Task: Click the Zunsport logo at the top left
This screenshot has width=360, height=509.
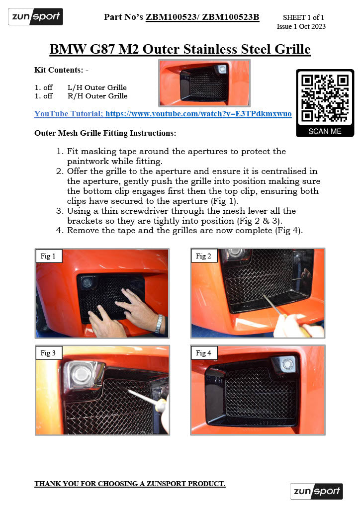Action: pyautogui.click(x=35, y=17)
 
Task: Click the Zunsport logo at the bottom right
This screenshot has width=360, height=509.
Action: pyautogui.click(x=316, y=491)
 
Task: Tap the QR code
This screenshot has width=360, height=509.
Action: pyautogui.click(x=325, y=98)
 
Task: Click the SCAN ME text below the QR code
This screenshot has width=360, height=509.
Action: pyautogui.click(x=325, y=131)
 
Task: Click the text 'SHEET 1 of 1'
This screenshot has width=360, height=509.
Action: pyautogui.click(x=303, y=17)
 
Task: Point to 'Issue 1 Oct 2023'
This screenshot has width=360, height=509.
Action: pyautogui.click(x=301, y=26)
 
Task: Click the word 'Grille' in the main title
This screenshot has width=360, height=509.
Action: pyautogui.click(x=287, y=49)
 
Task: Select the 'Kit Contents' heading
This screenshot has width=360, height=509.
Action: pyautogui.click(x=61, y=70)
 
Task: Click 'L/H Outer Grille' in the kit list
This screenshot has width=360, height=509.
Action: pyautogui.click(x=97, y=87)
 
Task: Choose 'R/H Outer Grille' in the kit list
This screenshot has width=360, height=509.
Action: pyautogui.click(x=97, y=96)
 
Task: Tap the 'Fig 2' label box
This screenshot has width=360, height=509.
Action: pyautogui.click(x=203, y=256)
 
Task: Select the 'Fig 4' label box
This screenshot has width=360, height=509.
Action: pyautogui.click(x=203, y=353)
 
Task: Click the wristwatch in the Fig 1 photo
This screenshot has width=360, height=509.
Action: pyautogui.click(x=159, y=324)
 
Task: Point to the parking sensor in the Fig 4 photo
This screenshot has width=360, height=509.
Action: pyautogui.click(x=286, y=364)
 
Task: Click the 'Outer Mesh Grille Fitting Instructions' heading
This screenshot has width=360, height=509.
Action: pyautogui.click(x=105, y=133)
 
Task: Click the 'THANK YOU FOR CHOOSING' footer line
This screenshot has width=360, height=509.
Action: pyautogui.click(x=130, y=484)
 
